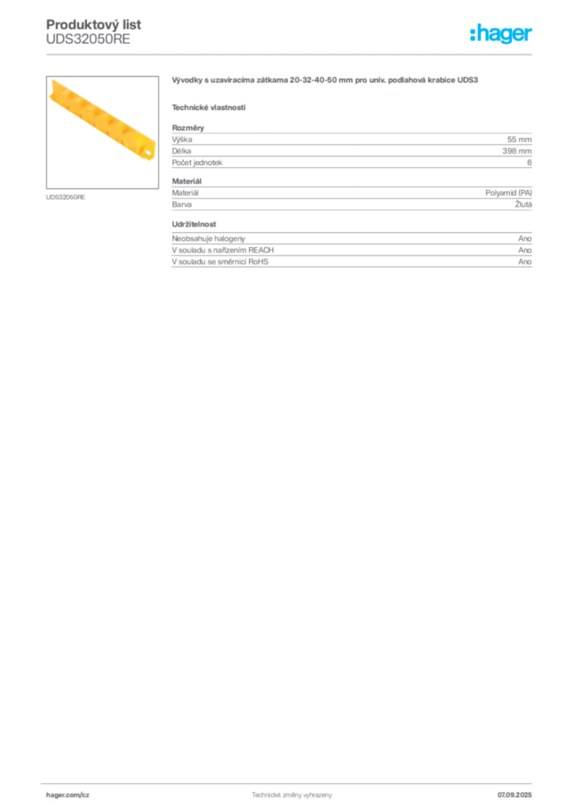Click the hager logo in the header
click(x=501, y=33)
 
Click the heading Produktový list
click(x=93, y=25)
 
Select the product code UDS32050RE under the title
click(x=88, y=40)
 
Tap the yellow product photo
click(x=102, y=120)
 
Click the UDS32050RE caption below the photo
click(x=66, y=197)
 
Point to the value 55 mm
click(x=519, y=139)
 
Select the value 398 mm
click(x=517, y=151)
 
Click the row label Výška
click(x=182, y=139)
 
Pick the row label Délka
click(x=181, y=151)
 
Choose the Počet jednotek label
click(x=197, y=162)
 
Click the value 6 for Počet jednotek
click(x=529, y=162)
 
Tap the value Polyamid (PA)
click(x=508, y=193)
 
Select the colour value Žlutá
click(x=523, y=204)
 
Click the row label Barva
click(x=181, y=204)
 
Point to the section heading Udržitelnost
click(x=194, y=224)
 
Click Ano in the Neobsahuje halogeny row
click(x=525, y=238)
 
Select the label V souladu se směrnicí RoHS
click(x=220, y=261)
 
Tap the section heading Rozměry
click(x=188, y=128)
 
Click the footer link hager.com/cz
click(x=68, y=795)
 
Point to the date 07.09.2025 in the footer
click(x=514, y=795)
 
